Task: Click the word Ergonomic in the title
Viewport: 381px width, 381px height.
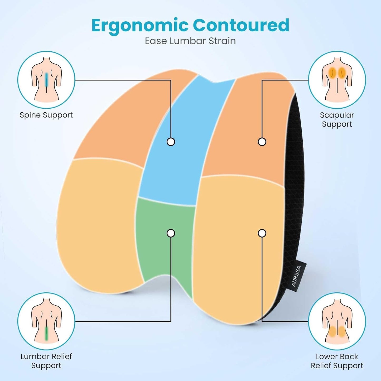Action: click(140, 26)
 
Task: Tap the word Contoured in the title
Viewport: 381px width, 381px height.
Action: click(241, 25)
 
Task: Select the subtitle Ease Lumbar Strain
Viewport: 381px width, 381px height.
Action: click(190, 41)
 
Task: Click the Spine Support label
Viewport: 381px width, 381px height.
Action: click(46, 115)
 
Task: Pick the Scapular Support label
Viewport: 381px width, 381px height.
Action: click(337, 119)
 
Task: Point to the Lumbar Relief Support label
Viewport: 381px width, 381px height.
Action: click(46, 361)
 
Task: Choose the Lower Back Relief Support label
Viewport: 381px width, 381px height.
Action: click(337, 361)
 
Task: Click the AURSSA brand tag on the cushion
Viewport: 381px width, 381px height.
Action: click(297, 276)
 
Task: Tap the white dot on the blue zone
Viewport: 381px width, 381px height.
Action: click(171, 142)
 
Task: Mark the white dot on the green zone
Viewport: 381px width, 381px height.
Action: click(171, 233)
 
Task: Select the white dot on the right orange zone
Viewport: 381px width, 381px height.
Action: click(262, 142)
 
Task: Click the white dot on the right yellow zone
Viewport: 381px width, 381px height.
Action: click(262, 233)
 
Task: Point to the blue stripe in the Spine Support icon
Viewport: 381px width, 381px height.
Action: click(46, 80)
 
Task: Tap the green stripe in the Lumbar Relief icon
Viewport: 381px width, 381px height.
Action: click(46, 333)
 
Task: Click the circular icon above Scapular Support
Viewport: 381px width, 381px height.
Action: click(337, 80)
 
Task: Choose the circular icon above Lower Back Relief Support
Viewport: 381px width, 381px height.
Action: click(337, 321)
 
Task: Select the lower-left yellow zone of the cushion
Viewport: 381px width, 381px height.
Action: click(98, 224)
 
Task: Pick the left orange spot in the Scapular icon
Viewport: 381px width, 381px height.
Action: click(332, 72)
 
